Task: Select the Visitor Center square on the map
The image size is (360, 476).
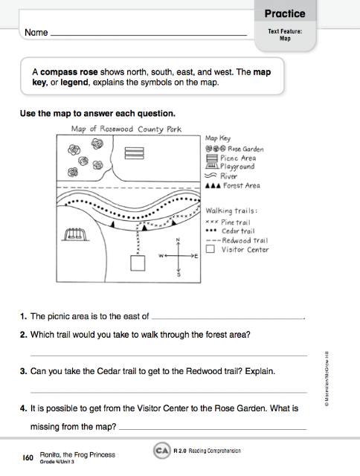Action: point(138,263)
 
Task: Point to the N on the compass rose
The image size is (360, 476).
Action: point(177,239)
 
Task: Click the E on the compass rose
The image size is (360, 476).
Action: point(196,257)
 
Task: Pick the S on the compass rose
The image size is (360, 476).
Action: point(178,274)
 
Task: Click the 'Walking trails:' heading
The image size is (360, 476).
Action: point(231,211)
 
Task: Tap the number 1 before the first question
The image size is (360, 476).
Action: point(23,315)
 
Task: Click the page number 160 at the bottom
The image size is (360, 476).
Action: point(28,455)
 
